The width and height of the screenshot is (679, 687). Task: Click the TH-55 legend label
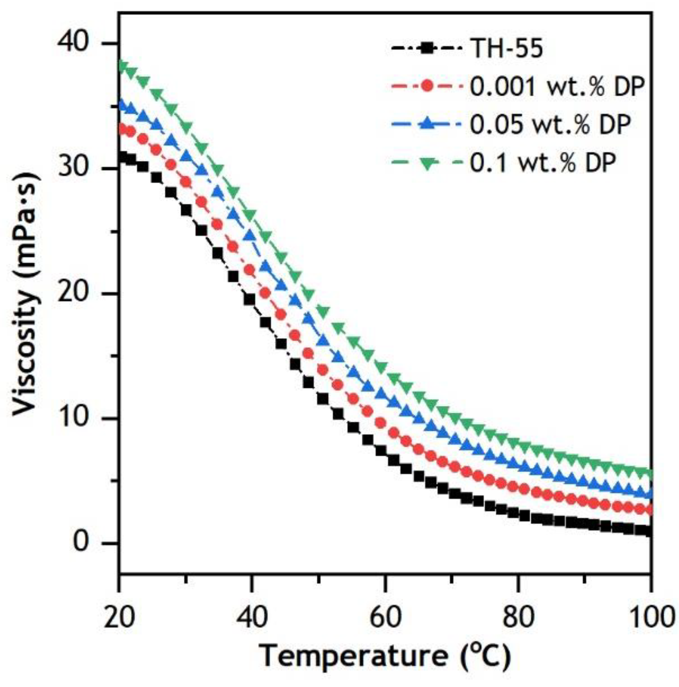(506, 49)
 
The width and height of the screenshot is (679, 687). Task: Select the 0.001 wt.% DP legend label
(557, 86)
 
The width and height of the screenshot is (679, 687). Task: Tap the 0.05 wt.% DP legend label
(550, 124)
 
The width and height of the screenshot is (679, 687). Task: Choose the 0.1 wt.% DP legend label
(543, 162)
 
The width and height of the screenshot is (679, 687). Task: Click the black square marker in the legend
(427, 49)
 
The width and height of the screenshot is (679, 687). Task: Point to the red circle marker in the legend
(427, 87)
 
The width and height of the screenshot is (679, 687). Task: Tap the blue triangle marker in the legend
(427, 124)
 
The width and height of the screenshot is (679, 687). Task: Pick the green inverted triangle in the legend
(427, 162)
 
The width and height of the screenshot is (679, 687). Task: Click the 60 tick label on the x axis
(385, 618)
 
